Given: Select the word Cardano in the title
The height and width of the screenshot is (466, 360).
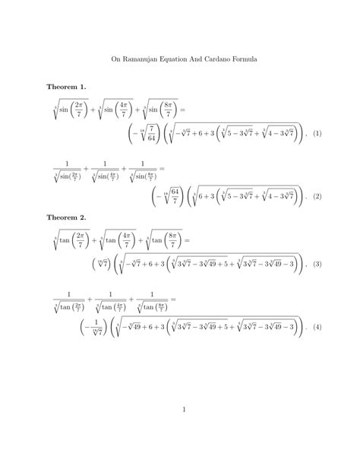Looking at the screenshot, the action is click(x=213, y=57).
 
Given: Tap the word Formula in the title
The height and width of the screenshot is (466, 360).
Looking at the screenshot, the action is click(x=243, y=57).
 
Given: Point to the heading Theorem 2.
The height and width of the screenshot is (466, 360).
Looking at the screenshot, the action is click(x=67, y=217).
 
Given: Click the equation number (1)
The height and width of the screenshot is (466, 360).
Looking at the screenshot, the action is click(x=317, y=134).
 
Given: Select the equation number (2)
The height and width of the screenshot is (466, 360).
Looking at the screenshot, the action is click(x=317, y=196).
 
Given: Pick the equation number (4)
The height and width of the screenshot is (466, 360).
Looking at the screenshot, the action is click(x=317, y=328).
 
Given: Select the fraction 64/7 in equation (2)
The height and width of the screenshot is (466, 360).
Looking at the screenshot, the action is click(x=174, y=196).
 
